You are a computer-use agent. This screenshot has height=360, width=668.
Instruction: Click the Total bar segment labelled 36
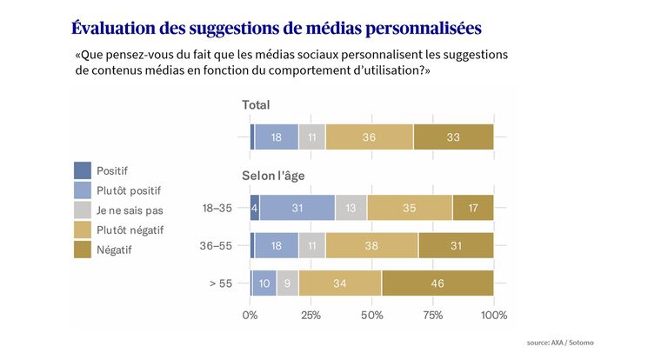pyautogui.click(x=369, y=137)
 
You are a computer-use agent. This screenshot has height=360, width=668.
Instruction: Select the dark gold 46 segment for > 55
pyautogui.click(x=438, y=283)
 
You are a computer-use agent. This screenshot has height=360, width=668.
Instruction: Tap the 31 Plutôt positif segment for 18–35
pyautogui.click(x=297, y=208)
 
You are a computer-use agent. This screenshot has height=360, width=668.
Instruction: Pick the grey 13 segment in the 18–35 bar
pyautogui.click(x=351, y=208)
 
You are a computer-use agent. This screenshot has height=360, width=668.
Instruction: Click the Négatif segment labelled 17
pyautogui.click(x=473, y=208)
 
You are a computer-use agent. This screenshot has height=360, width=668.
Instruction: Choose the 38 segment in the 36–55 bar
pyautogui.click(x=371, y=245)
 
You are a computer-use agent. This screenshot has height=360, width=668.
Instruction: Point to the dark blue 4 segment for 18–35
pyautogui.click(x=255, y=208)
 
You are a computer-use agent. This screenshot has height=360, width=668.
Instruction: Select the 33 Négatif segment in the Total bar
pyautogui.click(x=453, y=137)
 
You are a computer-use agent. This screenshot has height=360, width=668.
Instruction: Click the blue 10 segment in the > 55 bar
pyautogui.click(x=264, y=283)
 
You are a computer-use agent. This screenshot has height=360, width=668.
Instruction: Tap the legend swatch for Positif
pyautogui.click(x=83, y=170)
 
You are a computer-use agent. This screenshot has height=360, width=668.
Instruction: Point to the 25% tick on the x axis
pyautogui.click(x=311, y=314)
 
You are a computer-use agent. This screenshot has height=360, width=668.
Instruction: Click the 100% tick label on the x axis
pyautogui.click(x=493, y=314)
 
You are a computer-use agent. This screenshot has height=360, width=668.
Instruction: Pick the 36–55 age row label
pyautogui.click(x=217, y=246)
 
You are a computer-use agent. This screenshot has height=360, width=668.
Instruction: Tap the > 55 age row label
pyautogui.click(x=222, y=284)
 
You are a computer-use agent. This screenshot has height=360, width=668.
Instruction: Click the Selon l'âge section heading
pyautogui.click(x=273, y=176)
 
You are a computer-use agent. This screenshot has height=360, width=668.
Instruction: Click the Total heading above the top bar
pyautogui.click(x=256, y=105)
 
